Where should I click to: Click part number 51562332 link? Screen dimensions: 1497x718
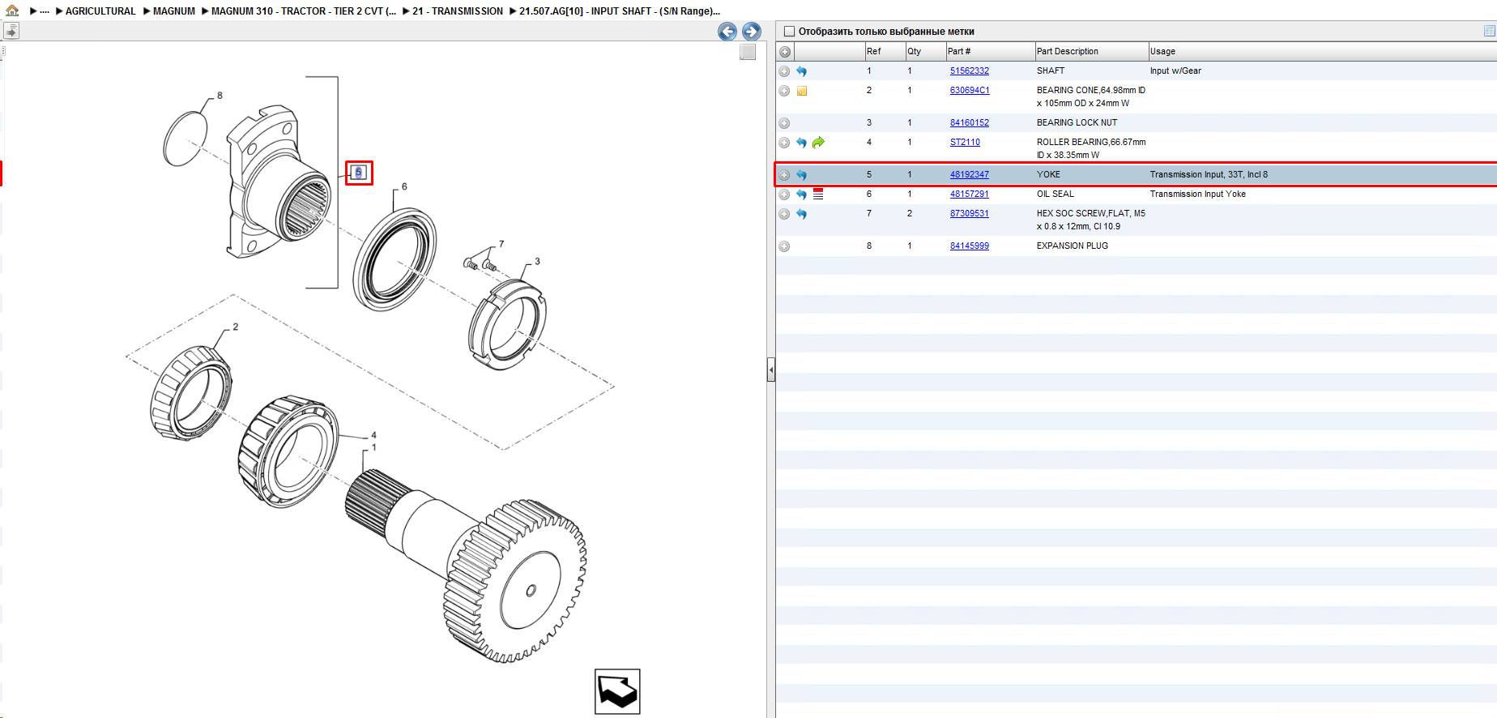(969, 71)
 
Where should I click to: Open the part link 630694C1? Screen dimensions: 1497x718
(970, 91)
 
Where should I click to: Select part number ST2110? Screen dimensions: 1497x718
(965, 143)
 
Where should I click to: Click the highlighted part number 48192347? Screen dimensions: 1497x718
(969, 175)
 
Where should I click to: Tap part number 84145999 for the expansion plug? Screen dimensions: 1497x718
(969, 246)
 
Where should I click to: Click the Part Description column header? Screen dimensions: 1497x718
(1067, 52)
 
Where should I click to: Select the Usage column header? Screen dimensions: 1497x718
(1162, 52)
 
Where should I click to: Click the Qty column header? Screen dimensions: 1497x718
(914, 52)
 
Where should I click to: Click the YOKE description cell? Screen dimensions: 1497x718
(1048, 175)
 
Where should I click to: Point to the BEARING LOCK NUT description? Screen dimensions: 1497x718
(1077, 123)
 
